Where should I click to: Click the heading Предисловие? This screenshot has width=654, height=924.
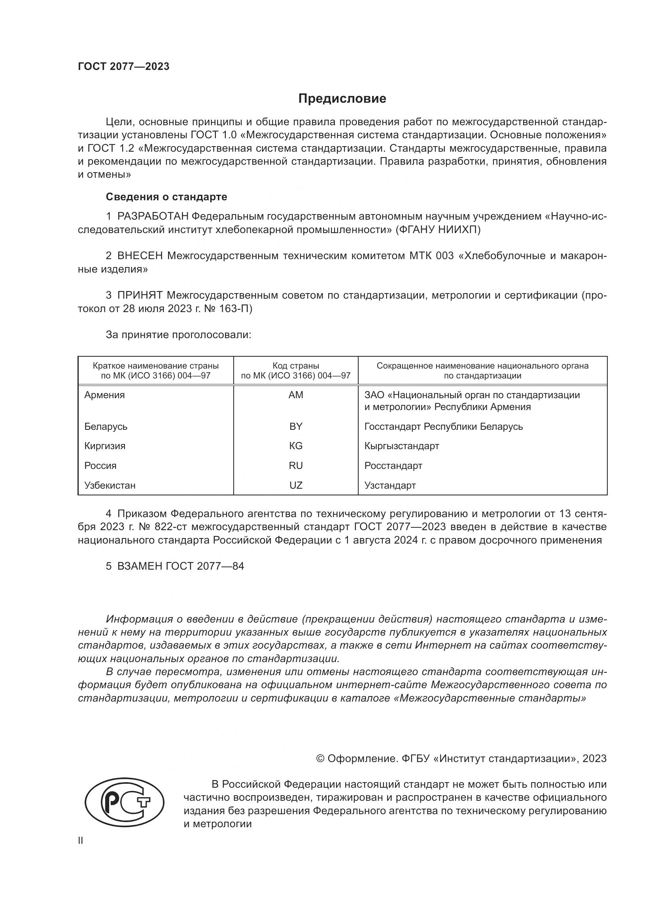coord(342,99)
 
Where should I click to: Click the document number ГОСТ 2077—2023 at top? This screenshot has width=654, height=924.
coord(124,67)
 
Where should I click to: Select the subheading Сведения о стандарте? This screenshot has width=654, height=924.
coord(166,197)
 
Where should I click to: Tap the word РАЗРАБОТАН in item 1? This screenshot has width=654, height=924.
coord(153,216)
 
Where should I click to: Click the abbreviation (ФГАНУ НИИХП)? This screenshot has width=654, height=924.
coord(438,230)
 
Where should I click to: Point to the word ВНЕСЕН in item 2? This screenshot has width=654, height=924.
coord(140,256)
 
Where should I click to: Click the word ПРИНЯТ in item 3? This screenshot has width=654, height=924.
coord(140,295)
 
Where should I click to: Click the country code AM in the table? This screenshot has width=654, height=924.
coord(296,395)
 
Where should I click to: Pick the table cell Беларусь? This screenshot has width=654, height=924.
coord(106,427)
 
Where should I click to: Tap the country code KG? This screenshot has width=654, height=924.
coord(296,446)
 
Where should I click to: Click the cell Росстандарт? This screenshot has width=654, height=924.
coord(393,466)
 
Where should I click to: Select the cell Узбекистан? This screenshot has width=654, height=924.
coord(110,486)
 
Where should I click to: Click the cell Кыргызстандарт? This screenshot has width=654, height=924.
coord(401,446)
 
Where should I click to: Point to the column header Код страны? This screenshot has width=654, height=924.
coord(296,366)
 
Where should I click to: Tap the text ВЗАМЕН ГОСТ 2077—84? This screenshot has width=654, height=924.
coord(180,566)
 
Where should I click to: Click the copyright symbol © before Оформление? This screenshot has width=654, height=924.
coord(320,758)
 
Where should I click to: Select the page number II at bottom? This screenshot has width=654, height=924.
coord(81,840)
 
